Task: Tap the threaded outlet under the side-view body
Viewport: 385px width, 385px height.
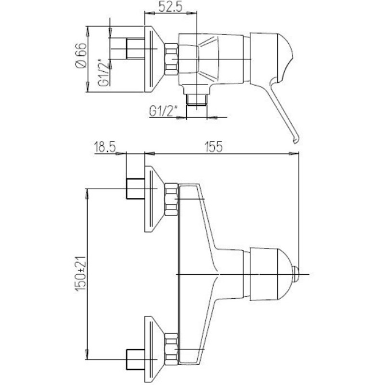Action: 196,100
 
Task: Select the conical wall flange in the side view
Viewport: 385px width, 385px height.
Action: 154,58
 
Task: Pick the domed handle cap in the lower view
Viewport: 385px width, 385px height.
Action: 269,273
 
